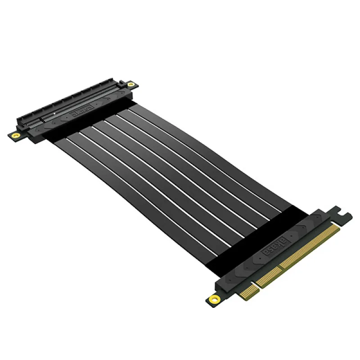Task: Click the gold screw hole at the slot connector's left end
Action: pos(15,135)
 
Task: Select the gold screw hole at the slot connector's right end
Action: pos(130,84)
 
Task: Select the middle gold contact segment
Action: pos(265,279)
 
